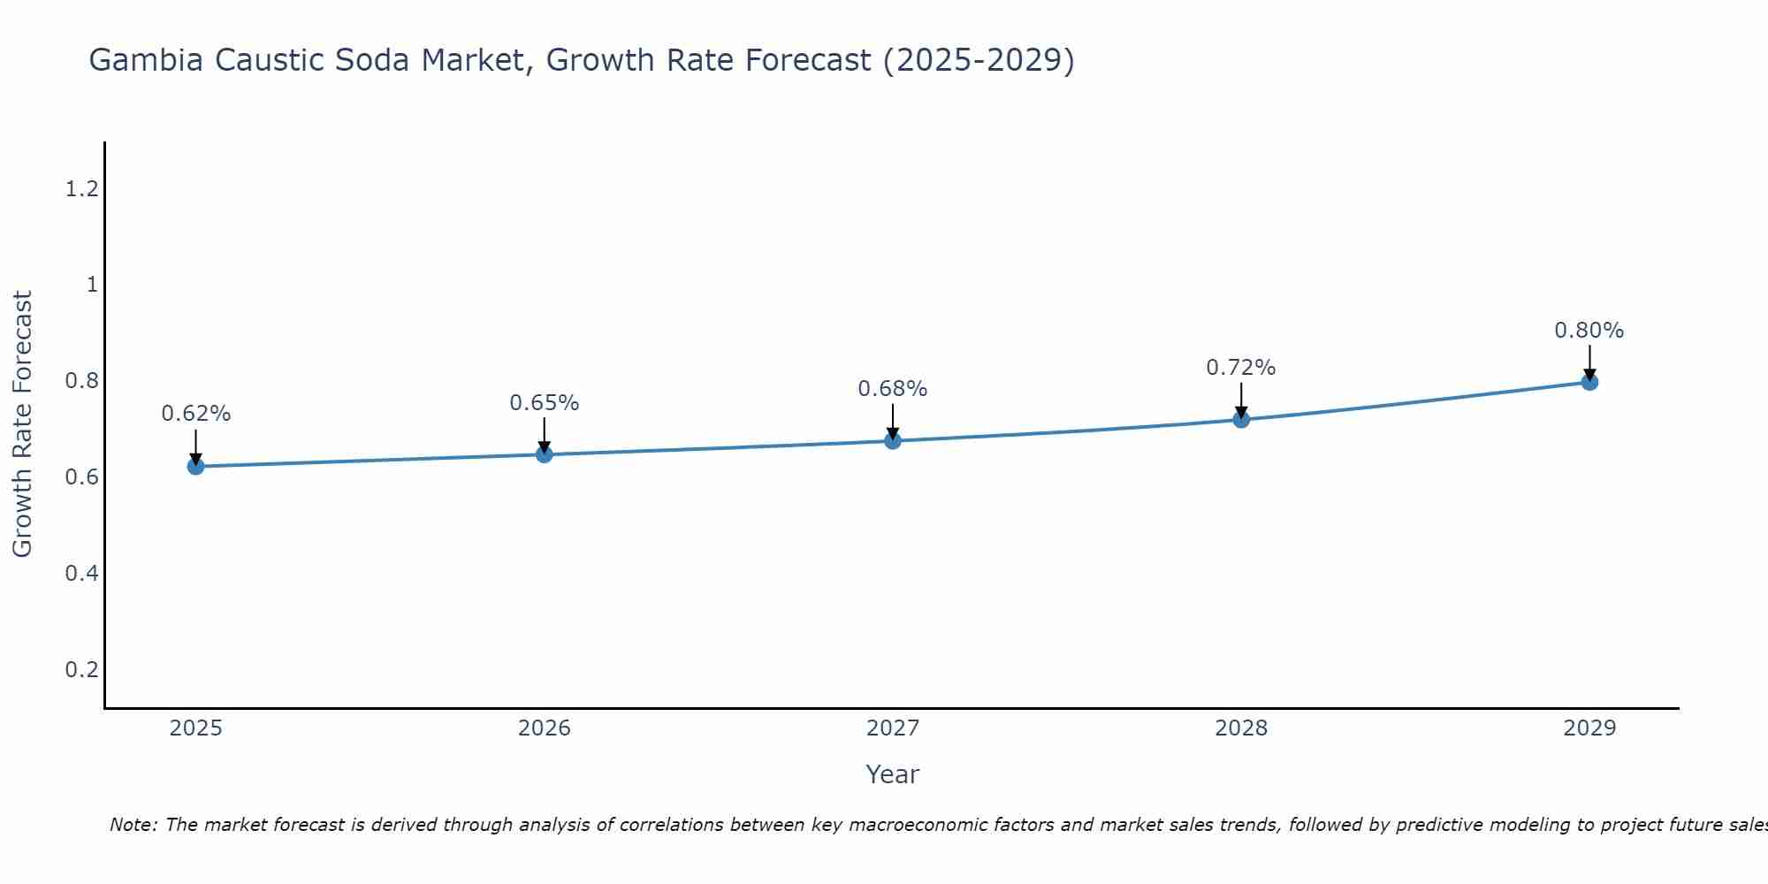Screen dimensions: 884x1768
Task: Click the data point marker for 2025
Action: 195,466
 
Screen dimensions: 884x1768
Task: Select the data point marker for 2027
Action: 893,440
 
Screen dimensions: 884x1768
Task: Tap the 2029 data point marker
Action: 1589,382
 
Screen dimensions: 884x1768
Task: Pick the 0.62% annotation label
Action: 195,414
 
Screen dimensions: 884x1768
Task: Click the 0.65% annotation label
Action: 544,403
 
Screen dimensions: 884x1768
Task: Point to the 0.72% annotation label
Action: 1240,368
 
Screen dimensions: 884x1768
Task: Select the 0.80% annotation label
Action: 1589,331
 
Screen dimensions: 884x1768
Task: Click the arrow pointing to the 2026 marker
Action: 545,435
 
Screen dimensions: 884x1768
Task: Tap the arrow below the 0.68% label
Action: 893,422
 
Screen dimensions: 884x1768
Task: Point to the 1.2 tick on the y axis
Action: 81,188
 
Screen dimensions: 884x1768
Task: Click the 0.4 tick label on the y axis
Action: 81,574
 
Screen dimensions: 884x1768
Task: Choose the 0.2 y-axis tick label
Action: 81,670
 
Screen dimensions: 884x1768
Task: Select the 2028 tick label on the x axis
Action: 1240,728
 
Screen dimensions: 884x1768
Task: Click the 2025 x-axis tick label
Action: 195,728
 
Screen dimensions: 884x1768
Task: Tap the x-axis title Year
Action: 892,774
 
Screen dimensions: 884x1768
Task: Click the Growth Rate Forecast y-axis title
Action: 22,424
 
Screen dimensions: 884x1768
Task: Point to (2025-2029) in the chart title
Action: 979,60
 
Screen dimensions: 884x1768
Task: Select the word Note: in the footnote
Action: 133,825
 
